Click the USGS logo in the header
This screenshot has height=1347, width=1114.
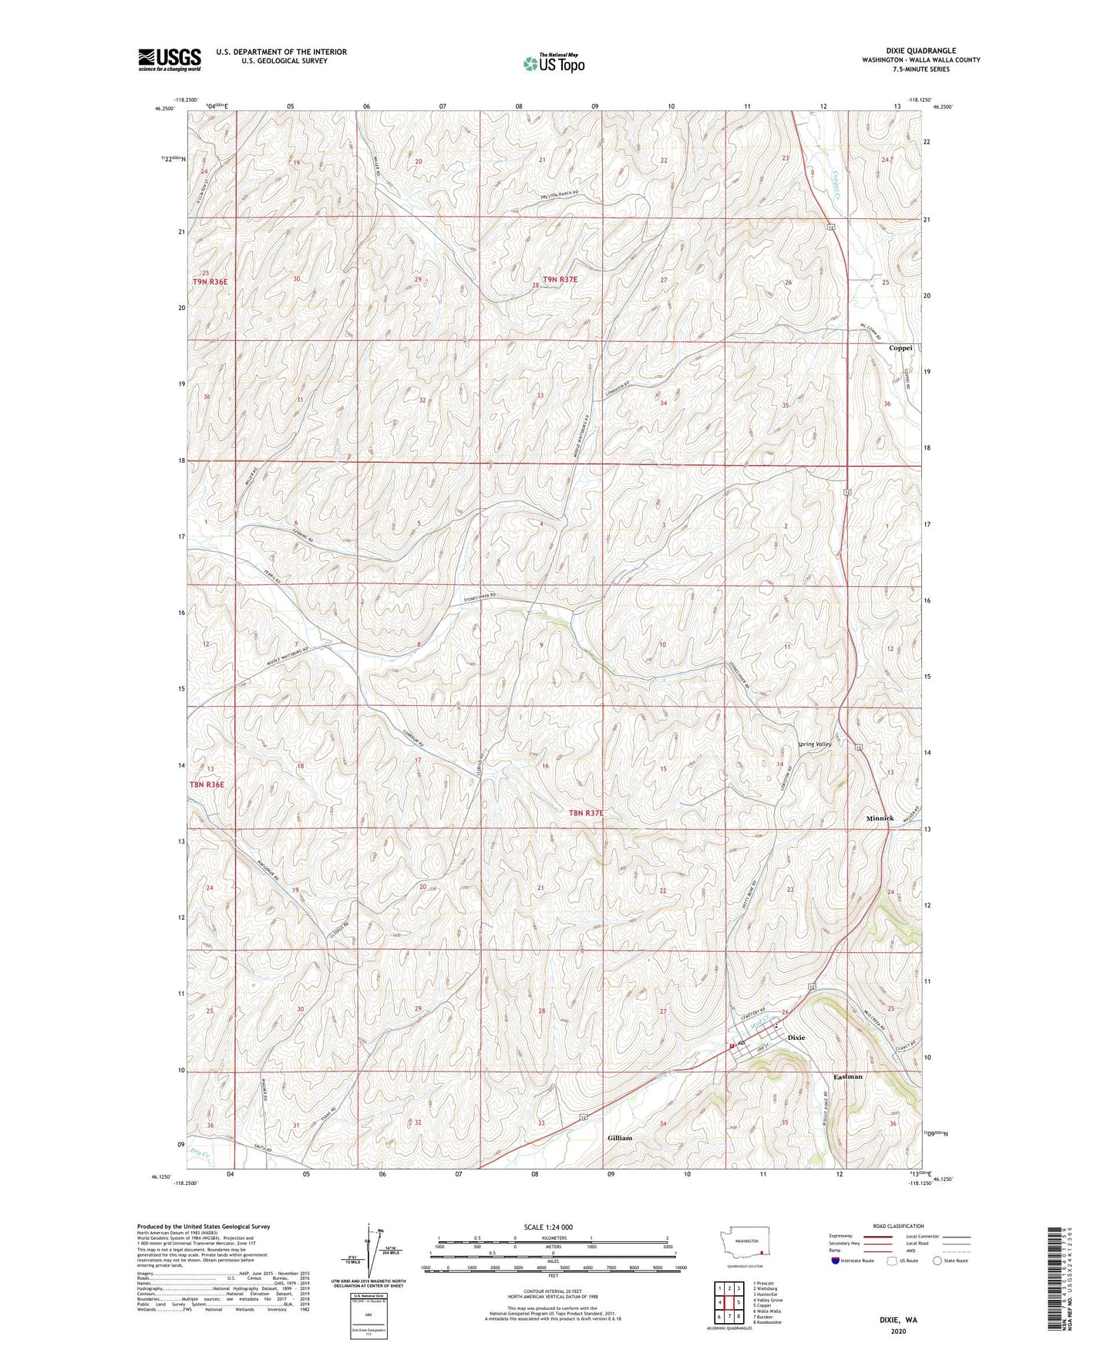(169, 59)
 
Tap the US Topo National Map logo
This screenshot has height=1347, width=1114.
(552, 63)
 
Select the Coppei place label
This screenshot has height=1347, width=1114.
(900, 348)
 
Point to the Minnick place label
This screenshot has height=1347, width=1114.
(879, 819)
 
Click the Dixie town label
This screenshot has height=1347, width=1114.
(796, 1038)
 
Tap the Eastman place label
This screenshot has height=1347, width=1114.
(847, 1076)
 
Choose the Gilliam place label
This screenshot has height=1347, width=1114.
(619, 1138)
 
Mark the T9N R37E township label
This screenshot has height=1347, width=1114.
(559, 279)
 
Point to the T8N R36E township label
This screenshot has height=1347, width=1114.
(207, 785)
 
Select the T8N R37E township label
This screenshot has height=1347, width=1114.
(587, 813)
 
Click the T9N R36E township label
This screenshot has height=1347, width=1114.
(210, 282)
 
